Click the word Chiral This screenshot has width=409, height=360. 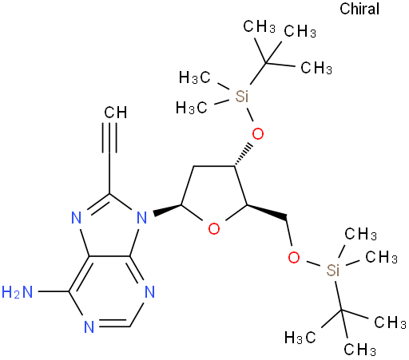point(359,9)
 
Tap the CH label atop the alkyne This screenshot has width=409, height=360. point(116,113)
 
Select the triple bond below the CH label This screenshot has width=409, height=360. point(109,138)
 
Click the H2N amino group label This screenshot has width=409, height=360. point(17,292)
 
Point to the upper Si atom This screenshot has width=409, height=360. point(241,97)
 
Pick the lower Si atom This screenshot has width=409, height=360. point(333,270)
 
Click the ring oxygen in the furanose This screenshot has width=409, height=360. point(214,229)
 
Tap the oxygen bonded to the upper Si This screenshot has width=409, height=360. point(258,134)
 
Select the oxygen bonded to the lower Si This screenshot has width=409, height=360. point(294,257)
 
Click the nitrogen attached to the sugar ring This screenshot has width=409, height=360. point(141,218)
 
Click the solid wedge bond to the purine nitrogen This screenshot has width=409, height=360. point(167,209)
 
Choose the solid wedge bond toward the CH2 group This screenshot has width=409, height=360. point(267,212)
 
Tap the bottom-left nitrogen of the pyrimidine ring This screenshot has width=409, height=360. point(89,326)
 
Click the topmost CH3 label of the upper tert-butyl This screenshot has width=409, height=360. point(259,26)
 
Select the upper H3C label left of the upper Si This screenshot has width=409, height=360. point(195,77)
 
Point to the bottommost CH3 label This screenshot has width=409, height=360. point(359,350)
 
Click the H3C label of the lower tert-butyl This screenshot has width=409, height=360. point(300,338)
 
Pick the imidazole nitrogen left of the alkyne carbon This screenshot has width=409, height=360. point(77,218)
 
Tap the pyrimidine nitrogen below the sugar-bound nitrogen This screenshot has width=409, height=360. point(150,292)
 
